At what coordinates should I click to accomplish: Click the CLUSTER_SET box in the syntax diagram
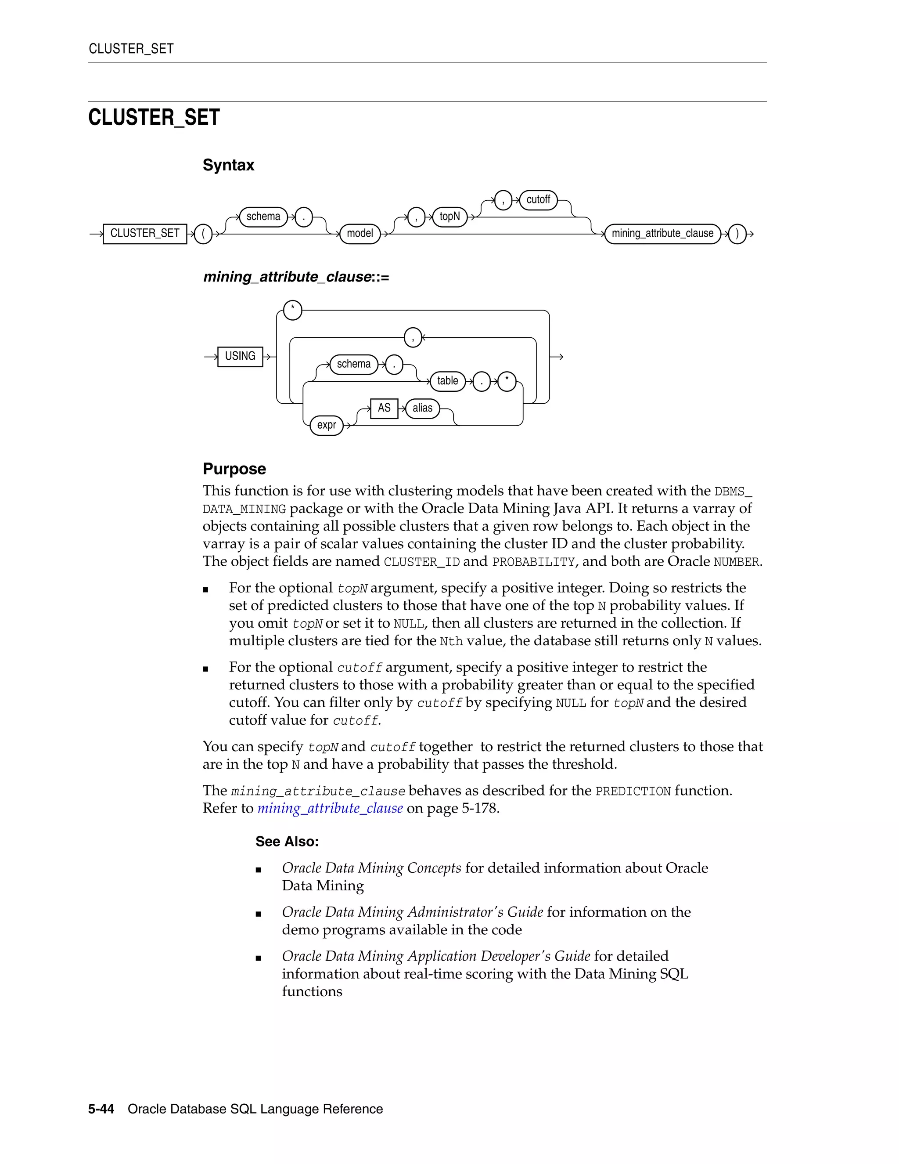click(x=145, y=233)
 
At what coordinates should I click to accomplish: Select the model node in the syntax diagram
click(x=360, y=233)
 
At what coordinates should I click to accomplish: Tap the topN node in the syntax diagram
click(x=449, y=217)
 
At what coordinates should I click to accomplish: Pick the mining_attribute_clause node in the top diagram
click(x=662, y=233)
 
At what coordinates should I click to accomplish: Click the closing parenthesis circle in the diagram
click(x=737, y=233)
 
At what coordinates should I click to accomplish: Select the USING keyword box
click(x=240, y=356)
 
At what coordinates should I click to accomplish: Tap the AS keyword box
click(x=384, y=408)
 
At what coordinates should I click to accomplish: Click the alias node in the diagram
click(x=422, y=408)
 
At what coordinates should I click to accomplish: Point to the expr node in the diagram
click(x=327, y=425)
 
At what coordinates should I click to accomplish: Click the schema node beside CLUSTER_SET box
click(x=263, y=217)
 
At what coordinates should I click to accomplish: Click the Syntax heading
click(x=228, y=165)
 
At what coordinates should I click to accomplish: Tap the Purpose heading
click(x=234, y=469)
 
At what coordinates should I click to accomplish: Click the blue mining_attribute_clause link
click(x=330, y=809)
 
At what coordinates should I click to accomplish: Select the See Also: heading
click(x=287, y=842)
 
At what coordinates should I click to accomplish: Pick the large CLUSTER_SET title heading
click(x=154, y=117)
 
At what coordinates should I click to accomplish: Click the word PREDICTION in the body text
click(x=633, y=792)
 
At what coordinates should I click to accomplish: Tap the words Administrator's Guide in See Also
click(x=475, y=912)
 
